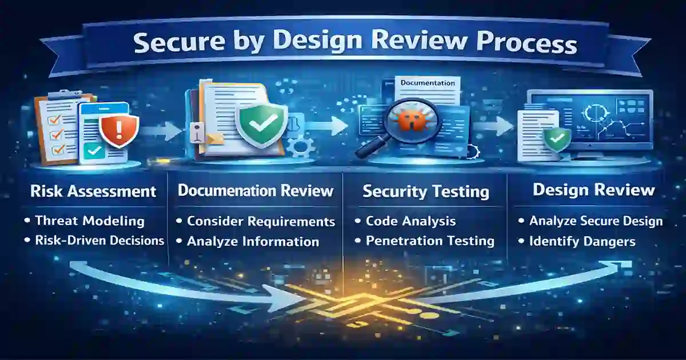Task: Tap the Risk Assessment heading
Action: (x=93, y=191)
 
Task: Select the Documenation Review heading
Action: (x=256, y=191)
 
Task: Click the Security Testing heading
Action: (x=426, y=192)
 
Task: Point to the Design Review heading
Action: (x=593, y=190)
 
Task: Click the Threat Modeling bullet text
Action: (x=90, y=221)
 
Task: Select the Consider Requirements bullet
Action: (x=261, y=221)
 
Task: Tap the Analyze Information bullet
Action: (x=253, y=241)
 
